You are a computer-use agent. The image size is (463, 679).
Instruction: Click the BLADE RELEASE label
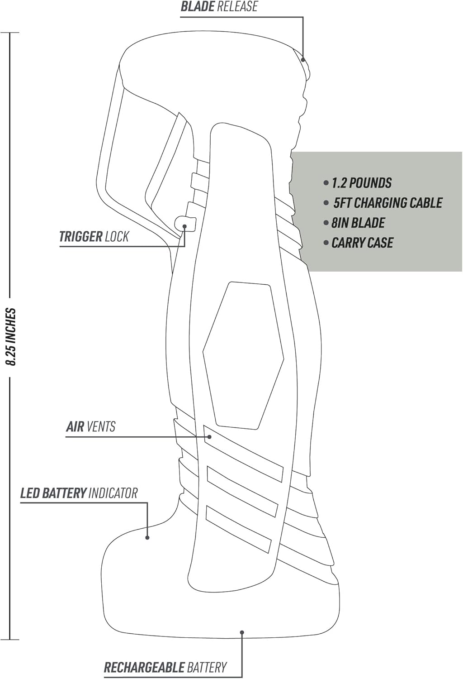[x=219, y=7]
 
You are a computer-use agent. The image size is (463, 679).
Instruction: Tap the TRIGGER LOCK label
[x=94, y=236]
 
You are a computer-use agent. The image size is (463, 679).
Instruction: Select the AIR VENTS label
[x=91, y=426]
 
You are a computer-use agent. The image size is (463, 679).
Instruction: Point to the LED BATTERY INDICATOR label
[x=79, y=493]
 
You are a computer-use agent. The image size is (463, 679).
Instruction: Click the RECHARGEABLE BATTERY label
[x=165, y=667]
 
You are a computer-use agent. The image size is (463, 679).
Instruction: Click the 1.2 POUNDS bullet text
[x=361, y=183]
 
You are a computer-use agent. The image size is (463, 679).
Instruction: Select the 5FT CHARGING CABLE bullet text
[x=387, y=203]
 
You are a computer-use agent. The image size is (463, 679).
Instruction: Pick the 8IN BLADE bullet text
[x=358, y=223]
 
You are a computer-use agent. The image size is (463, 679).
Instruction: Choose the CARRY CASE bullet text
[x=362, y=243]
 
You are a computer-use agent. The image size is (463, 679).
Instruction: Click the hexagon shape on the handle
[x=243, y=355]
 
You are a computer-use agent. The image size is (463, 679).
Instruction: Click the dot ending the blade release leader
[x=303, y=59]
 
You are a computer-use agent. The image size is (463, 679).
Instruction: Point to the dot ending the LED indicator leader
[x=147, y=537]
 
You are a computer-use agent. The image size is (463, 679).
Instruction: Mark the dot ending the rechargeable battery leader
[x=242, y=632]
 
